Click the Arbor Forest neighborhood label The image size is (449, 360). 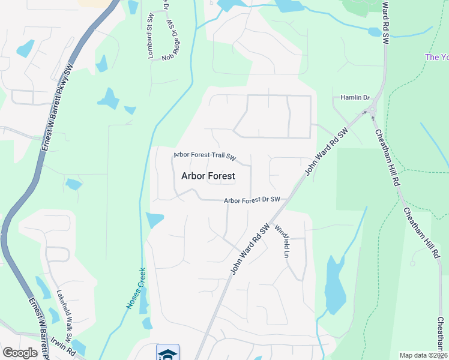(208, 176)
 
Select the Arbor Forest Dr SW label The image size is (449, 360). (252, 200)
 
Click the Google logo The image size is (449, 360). (20, 353)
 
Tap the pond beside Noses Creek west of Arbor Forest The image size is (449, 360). (154, 220)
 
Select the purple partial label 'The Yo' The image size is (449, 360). (436, 58)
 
